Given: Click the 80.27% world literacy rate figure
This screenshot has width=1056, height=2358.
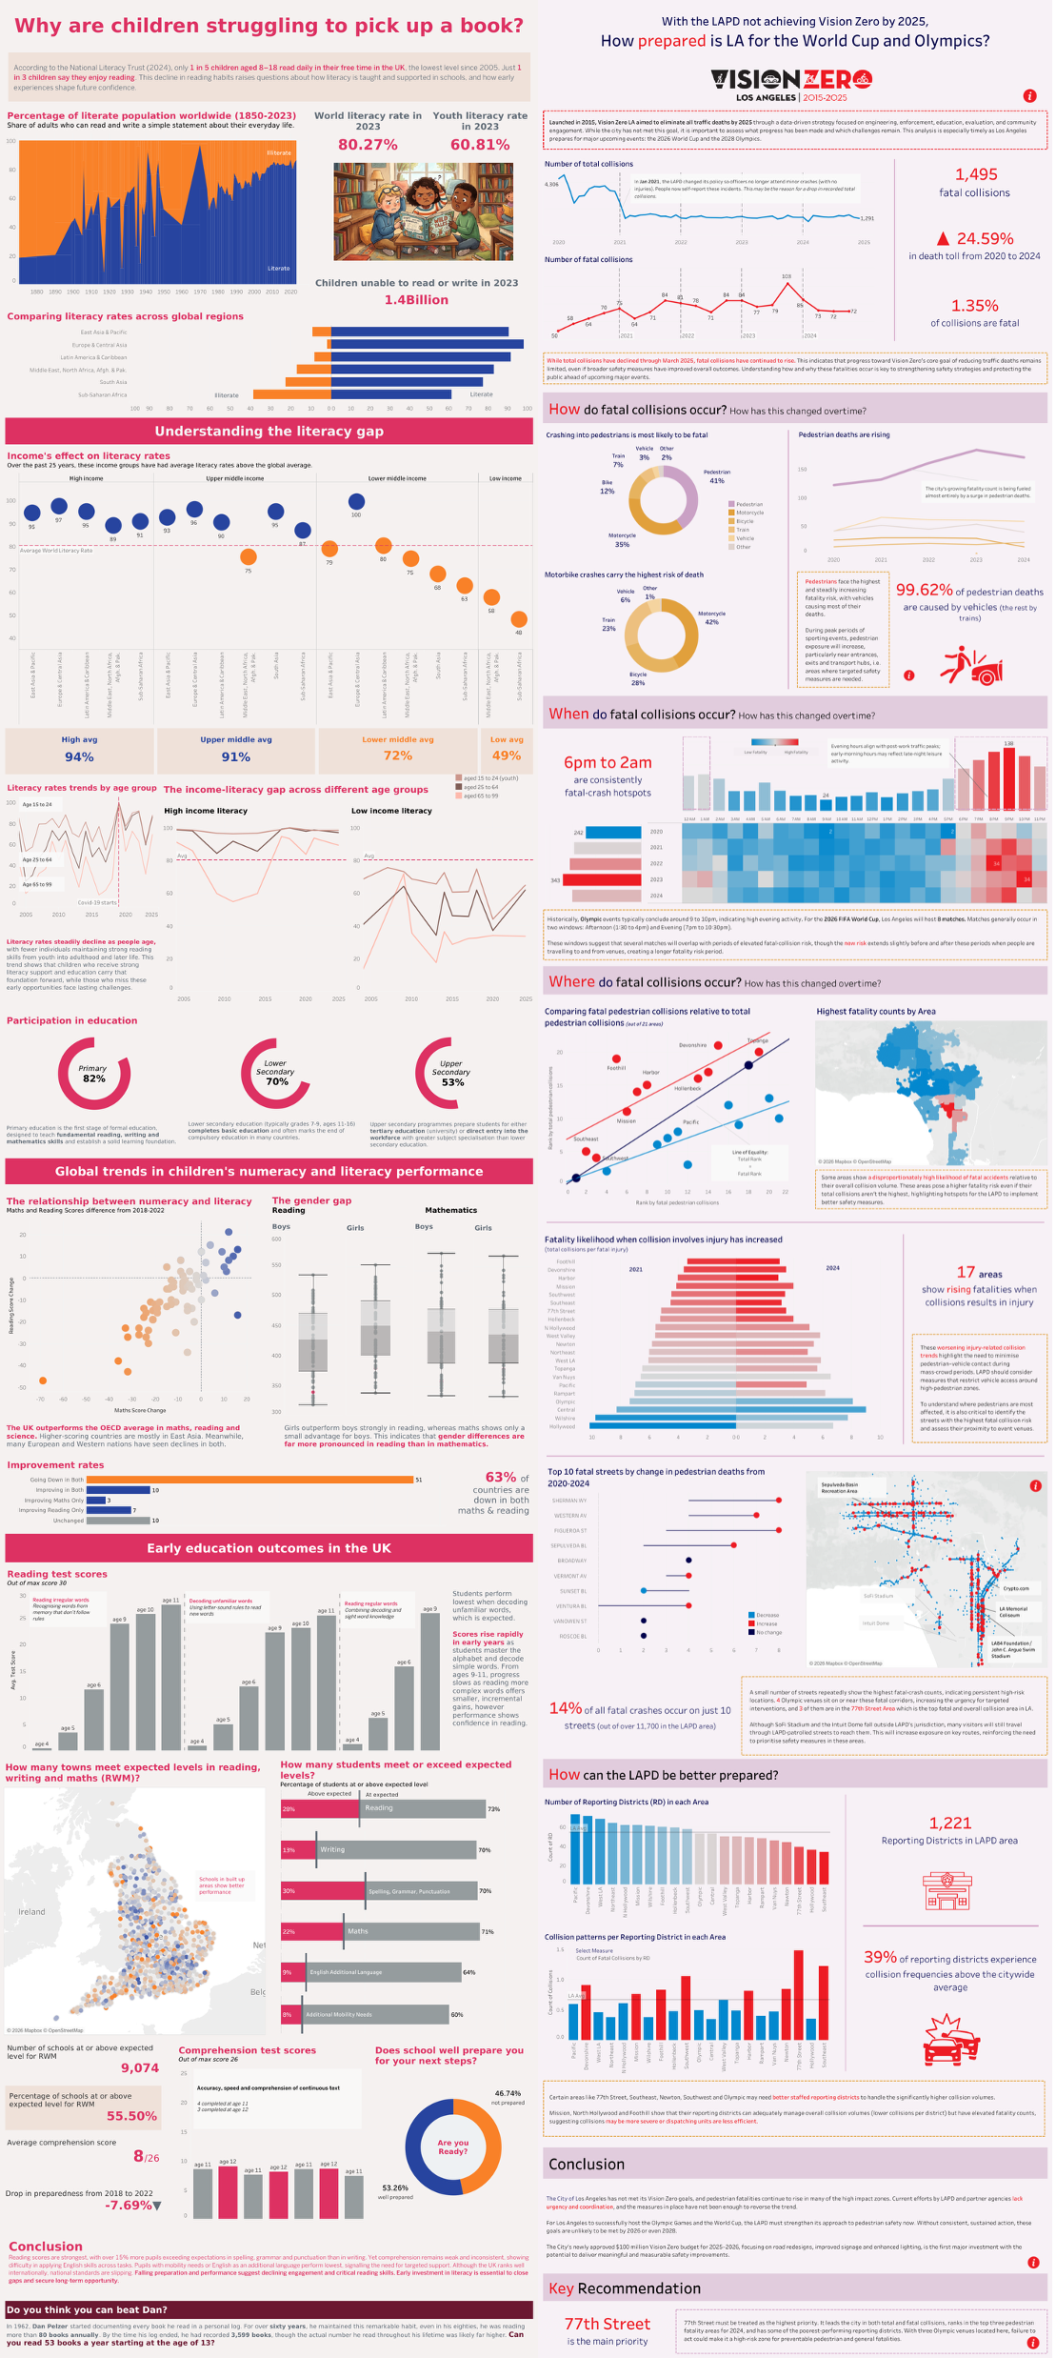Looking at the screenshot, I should [x=368, y=145].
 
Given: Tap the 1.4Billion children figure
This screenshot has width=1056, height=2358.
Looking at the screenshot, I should [x=416, y=300].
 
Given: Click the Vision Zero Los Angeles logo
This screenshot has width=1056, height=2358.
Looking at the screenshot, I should [x=791, y=84].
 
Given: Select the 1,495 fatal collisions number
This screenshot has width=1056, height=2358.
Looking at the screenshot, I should [x=976, y=174].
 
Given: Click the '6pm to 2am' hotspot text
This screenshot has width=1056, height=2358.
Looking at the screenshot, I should [x=608, y=762].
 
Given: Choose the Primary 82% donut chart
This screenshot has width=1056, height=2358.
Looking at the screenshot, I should [x=94, y=1074].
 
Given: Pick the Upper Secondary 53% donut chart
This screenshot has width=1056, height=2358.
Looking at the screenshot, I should [x=452, y=1074].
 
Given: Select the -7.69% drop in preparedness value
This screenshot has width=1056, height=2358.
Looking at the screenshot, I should [x=130, y=2205].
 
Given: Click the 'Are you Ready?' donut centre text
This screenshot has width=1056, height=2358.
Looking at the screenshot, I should [x=453, y=2146].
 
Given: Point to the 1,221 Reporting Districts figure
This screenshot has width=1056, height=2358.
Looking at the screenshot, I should [x=950, y=1823].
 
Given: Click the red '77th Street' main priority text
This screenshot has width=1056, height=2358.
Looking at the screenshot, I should [x=608, y=2324].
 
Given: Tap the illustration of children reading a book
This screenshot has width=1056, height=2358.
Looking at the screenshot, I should [x=424, y=212].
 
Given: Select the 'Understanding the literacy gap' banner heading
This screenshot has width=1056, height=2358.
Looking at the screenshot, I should [x=269, y=432].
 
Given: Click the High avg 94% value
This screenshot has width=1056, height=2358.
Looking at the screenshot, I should [x=79, y=756].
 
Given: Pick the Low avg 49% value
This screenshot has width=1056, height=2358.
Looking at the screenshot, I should [x=506, y=756].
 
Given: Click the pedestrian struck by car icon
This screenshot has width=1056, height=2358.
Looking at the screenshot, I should [x=971, y=666].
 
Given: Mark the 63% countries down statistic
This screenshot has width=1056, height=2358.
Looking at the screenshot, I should [x=501, y=1477].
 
